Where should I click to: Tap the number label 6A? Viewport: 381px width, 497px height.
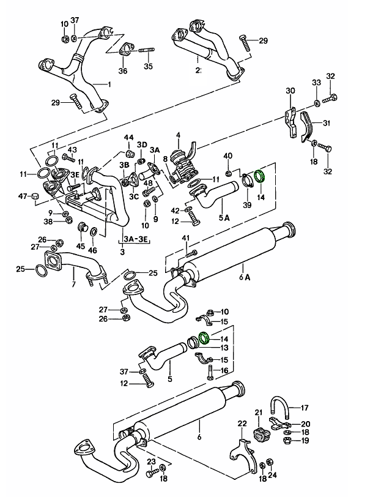pyautogui.click(x=244, y=277)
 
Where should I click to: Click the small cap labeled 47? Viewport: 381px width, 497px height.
pyautogui.click(x=35, y=196)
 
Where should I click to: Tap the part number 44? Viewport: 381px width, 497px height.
pyautogui.click(x=129, y=137)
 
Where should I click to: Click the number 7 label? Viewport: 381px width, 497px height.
pyautogui.click(x=73, y=285)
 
